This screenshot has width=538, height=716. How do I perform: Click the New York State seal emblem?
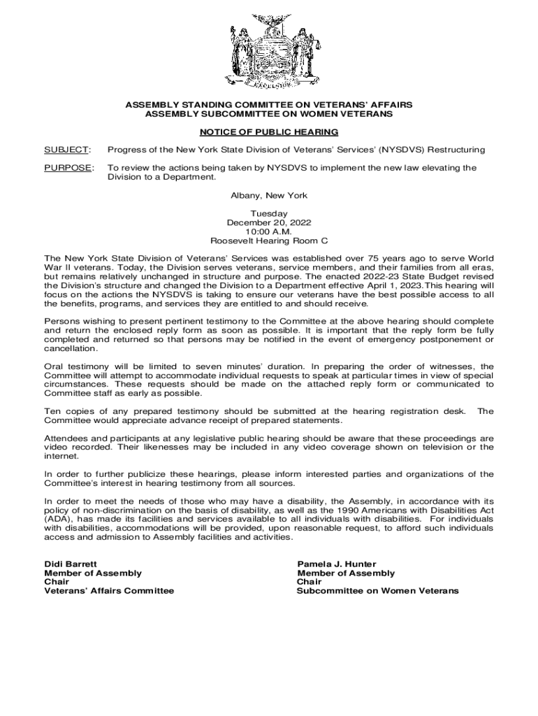(x=268, y=52)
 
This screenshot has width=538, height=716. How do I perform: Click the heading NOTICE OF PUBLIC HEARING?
(x=268, y=131)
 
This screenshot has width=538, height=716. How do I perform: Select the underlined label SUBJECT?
(x=66, y=150)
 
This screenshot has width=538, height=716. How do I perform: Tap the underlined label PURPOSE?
(x=68, y=168)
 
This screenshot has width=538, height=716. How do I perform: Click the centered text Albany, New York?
(x=268, y=196)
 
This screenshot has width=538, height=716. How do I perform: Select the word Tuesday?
(x=268, y=213)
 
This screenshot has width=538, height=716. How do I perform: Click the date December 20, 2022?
(x=268, y=222)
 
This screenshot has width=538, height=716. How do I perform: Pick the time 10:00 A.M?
(x=268, y=231)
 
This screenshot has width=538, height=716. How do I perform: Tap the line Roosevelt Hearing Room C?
(x=268, y=241)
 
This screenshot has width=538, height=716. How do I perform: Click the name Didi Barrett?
(x=71, y=564)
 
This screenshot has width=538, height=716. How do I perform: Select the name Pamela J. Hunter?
(x=337, y=564)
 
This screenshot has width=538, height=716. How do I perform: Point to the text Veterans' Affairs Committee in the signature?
(x=109, y=591)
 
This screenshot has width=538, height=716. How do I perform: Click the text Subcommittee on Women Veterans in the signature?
(x=378, y=591)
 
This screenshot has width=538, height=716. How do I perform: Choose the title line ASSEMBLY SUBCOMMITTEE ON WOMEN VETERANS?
(x=268, y=113)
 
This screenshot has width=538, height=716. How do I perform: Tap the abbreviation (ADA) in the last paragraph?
(x=59, y=520)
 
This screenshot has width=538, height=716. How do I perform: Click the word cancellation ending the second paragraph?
(x=71, y=348)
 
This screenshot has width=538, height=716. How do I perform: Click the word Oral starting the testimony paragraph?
(x=54, y=366)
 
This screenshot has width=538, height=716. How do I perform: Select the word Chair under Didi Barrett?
(x=57, y=582)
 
